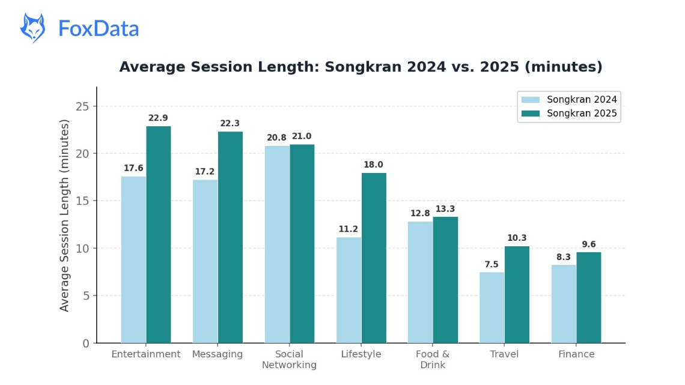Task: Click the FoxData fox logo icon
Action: [x=32, y=28]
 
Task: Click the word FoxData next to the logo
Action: [x=99, y=28]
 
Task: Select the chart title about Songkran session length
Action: [x=361, y=67]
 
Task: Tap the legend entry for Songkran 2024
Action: [x=568, y=100]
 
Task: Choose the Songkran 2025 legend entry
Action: [x=568, y=113]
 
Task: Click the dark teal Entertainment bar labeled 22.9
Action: [x=158, y=234]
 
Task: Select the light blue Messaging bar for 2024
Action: [x=205, y=261]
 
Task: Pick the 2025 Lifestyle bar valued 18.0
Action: [x=374, y=258]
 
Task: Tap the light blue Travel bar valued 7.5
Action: [x=492, y=308]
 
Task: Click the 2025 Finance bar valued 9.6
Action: [x=589, y=297]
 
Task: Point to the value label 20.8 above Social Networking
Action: [x=276, y=138]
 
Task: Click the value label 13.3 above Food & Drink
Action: [x=445, y=209]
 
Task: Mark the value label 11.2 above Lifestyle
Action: [x=349, y=229]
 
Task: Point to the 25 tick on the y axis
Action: [x=82, y=106]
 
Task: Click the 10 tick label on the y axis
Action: [x=82, y=248]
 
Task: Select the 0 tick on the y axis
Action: [x=85, y=344]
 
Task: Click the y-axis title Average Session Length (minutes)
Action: [x=65, y=215]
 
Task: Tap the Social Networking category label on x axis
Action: [x=289, y=359]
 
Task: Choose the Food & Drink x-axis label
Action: [x=433, y=359]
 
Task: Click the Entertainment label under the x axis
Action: [x=145, y=354]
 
